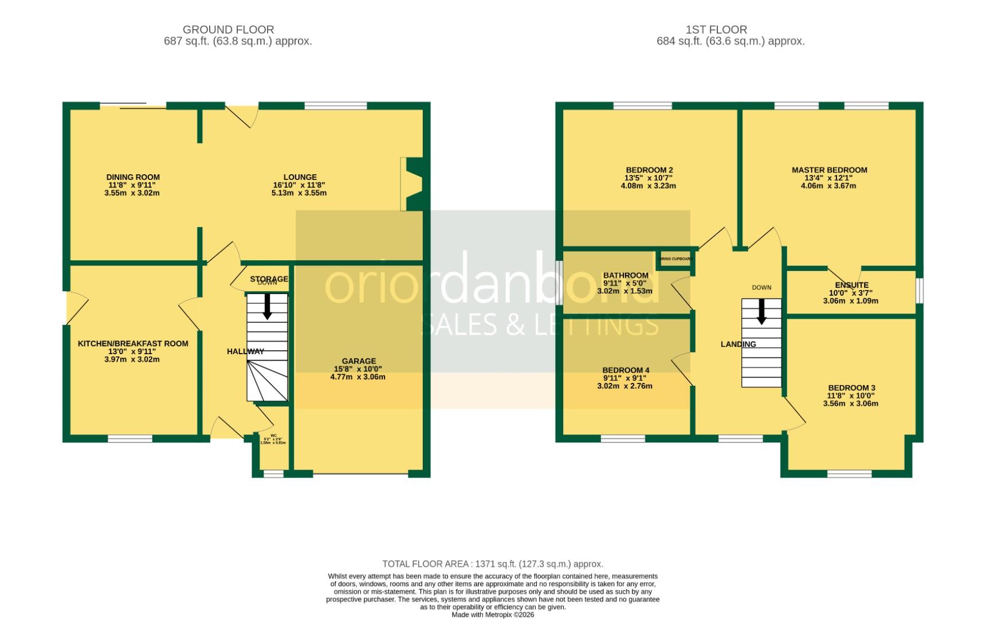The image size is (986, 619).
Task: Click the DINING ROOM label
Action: (x=133, y=177)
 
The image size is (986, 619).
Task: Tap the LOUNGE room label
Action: (x=300, y=177)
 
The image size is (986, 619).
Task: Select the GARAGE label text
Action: (x=359, y=361)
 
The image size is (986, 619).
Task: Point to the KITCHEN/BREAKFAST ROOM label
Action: (x=133, y=344)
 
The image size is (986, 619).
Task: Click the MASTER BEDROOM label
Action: (x=829, y=170)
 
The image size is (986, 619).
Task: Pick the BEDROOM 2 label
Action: (x=649, y=170)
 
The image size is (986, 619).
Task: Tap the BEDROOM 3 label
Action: (x=851, y=387)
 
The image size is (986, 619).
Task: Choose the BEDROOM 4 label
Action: (x=626, y=370)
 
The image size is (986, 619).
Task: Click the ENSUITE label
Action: (x=851, y=285)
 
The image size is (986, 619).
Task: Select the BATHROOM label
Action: (x=626, y=275)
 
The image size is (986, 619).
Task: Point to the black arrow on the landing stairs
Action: (x=761, y=312)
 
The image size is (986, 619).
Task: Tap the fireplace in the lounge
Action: (x=414, y=185)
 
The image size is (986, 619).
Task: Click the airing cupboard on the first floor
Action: (x=676, y=259)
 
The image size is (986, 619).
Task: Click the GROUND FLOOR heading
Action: (x=228, y=30)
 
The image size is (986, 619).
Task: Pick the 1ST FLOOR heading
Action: (x=716, y=30)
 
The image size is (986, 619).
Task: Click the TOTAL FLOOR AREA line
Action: (x=493, y=564)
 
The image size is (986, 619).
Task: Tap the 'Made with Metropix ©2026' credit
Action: (x=493, y=614)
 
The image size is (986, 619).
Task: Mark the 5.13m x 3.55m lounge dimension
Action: (x=299, y=193)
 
